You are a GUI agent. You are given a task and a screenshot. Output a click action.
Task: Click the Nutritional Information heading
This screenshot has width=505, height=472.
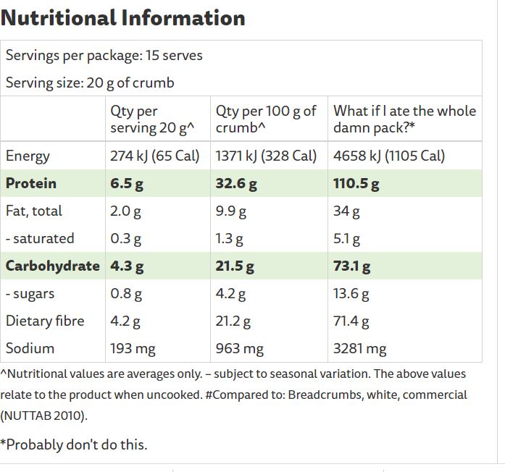pos(123,17)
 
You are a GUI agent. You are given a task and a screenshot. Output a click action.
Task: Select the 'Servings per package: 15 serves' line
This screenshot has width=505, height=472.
pos(104,55)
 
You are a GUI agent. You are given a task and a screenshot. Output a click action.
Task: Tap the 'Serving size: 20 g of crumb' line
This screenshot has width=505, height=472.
pos(90,83)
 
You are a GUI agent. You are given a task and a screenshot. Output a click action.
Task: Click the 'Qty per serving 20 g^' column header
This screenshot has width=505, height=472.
pos(152,119)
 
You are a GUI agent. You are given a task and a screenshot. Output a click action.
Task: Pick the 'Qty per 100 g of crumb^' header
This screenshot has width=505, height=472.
pos(266,119)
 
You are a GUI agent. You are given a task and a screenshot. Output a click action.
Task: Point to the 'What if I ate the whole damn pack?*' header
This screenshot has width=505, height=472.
pos(404,119)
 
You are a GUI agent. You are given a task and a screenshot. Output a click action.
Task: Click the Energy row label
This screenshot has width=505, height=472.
pos(28,156)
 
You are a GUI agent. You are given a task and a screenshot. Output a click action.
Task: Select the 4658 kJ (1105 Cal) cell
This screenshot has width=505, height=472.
pos(389,156)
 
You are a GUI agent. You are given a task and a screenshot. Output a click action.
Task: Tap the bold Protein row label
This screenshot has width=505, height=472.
pos(30,183)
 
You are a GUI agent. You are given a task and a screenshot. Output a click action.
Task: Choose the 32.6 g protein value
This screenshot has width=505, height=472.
pos(236,183)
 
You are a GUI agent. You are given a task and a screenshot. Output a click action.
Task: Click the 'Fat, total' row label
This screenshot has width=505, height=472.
pos(34,211)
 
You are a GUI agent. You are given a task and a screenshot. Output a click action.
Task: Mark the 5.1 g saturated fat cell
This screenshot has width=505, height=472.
pos(346,238)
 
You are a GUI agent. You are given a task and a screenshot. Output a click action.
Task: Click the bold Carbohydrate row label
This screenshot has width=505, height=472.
pos(52,266)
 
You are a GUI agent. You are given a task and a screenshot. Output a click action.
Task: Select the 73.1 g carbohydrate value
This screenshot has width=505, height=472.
pos(351,266)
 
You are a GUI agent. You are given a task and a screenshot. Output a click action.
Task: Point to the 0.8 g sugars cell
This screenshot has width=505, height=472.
pos(125,293)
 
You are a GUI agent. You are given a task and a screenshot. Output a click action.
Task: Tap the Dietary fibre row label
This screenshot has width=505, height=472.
pos(45,321)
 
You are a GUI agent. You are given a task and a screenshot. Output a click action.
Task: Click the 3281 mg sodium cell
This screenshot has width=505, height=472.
pos(359,348)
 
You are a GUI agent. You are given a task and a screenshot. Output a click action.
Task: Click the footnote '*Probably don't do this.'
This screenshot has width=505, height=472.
pos(74,444)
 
